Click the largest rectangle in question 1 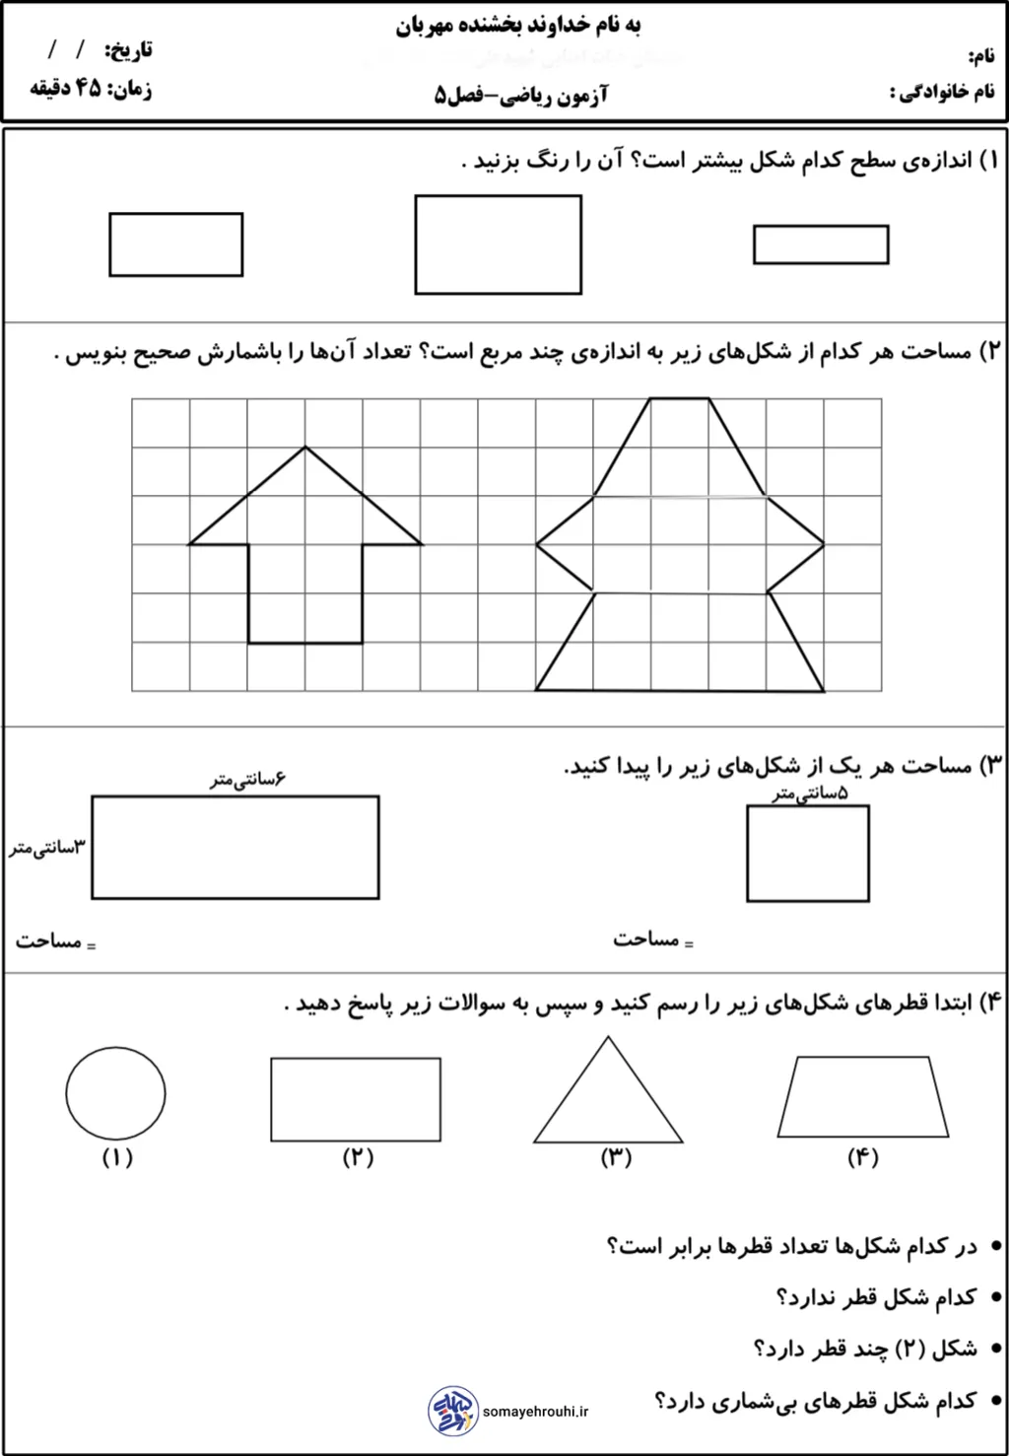click(x=498, y=244)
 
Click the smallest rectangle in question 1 click(x=821, y=244)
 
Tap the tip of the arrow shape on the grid click(x=305, y=449)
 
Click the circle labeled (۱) click(x=115, y=1093)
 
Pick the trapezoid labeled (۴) click(x=863, y=1098)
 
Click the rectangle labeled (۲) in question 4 click(x=356, y=1099)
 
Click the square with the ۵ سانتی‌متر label click(x=808, y=854)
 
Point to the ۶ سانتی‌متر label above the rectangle click(x=247, y=780)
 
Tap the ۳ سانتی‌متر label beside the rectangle click(x=47, y=848)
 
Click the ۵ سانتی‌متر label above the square click(x=810, y=794)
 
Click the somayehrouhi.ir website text click(x=535, y=1412)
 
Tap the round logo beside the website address click(x=452, y=1410)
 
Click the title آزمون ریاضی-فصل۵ click(x=521, y=95)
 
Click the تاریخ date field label click(x=129, y=49)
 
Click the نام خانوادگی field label click(x=942, y=93)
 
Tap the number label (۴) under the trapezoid click(x=862, y=1157)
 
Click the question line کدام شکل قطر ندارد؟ click(x=876, y=1297)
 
